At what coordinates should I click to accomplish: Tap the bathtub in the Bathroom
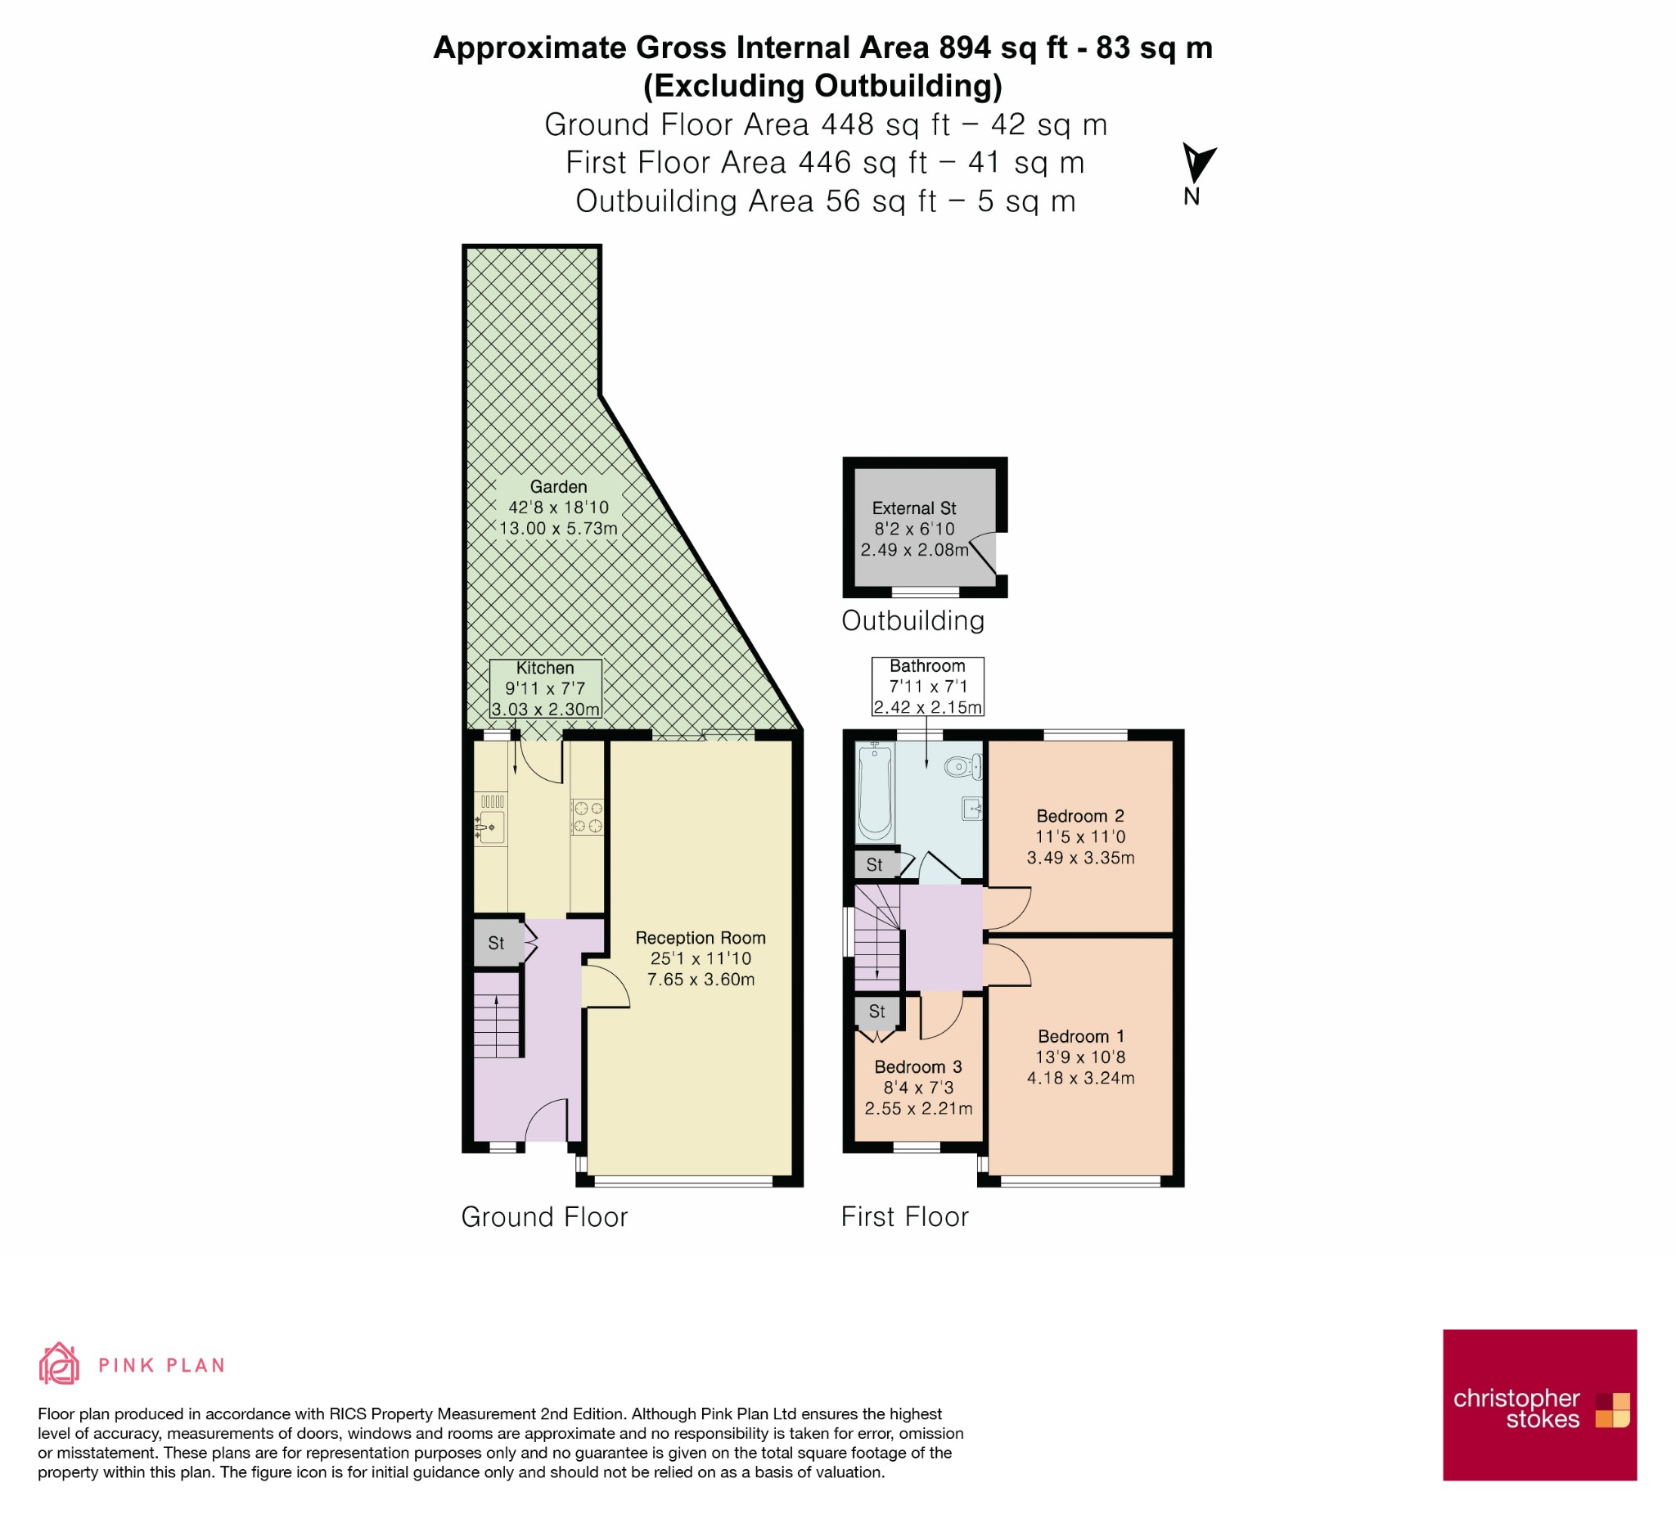coord(876,792)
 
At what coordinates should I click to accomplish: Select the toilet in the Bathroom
coord(963,766)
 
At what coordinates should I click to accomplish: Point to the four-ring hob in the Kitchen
coord(587,817)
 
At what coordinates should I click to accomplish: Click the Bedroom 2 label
coord(1080,816)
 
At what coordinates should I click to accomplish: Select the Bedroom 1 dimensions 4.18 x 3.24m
coord(1080,1078)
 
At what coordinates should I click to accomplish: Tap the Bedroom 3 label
coord(918,1066)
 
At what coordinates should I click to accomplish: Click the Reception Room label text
coord(700,937)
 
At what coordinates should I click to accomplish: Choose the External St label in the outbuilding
coord(913,508)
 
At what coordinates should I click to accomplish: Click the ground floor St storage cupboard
coord(498,943)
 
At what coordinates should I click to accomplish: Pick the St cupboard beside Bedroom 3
coord(876,1012)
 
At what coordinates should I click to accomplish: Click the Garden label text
coord(558,487)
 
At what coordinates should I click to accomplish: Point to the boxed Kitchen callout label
coord(545,688)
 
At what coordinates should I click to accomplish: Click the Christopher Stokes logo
coord(1539,1405)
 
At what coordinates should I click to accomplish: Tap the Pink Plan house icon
coord(59,1364)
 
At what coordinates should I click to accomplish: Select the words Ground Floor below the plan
coord(544,1217)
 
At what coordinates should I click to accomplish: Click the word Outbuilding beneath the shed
coord(912,621)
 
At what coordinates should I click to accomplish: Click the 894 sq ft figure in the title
coord(1003,48)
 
